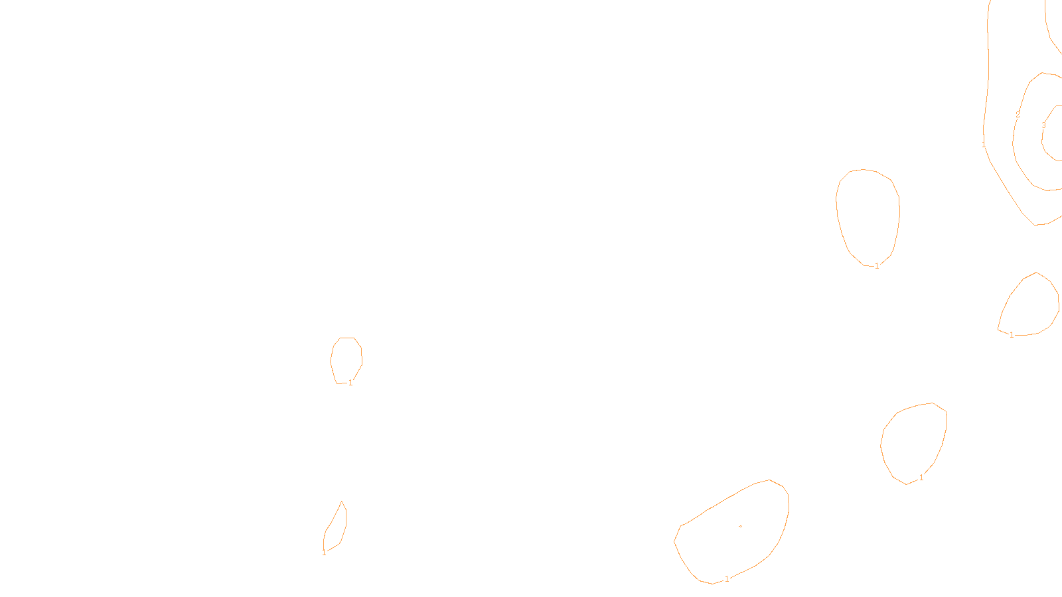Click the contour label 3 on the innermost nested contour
(x=1043, y=125)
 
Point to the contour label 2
(x=1018, y=115)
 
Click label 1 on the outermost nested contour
(x=984, y=145)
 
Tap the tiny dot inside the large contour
(x=740, y=526)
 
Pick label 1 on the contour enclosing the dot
(x=727, y=579)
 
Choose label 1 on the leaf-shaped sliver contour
(x=324, y=553)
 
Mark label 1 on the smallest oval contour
(x=350, y=383)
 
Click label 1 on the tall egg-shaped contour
(x=877, y=266)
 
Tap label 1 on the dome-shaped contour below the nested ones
(x=1012, y=335)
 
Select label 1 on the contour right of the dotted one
(x=921, y=478)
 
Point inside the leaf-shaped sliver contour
(x=336, y=529)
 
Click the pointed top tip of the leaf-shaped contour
(x=342, y=501)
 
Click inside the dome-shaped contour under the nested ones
(x=1031, y=308)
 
